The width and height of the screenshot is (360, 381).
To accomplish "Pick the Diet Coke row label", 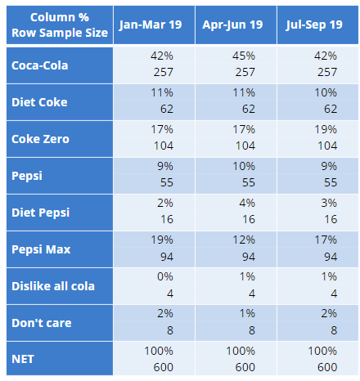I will click(39, 102).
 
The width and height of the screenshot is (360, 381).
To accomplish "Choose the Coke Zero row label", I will click(40, 139).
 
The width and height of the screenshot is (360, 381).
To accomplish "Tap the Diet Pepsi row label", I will click(41, 213).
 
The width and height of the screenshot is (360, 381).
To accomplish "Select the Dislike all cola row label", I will click(53, 285).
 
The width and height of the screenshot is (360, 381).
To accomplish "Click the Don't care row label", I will click(42, 322).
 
